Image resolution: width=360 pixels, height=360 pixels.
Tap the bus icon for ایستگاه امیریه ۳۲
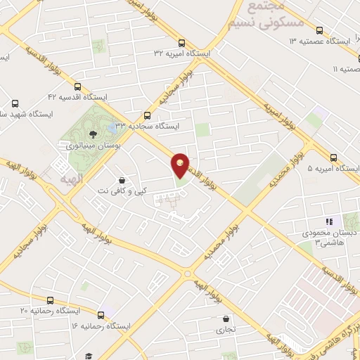[x=182, y=42]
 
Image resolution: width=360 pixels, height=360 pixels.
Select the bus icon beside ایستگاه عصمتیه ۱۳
[x=320, y=31]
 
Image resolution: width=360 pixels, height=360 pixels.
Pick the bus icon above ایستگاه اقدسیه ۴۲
[x=76, y=84]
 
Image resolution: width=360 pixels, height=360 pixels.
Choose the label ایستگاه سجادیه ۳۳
[x=148, y=127]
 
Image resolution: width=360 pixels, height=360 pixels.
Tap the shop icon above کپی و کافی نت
[x=123, y=179]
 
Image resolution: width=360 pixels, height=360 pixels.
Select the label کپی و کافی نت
[x=122, y=191]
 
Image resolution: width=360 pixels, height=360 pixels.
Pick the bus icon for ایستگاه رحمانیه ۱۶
[x=101, y=315]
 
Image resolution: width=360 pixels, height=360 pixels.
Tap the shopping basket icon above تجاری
[x=224, y=318]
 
